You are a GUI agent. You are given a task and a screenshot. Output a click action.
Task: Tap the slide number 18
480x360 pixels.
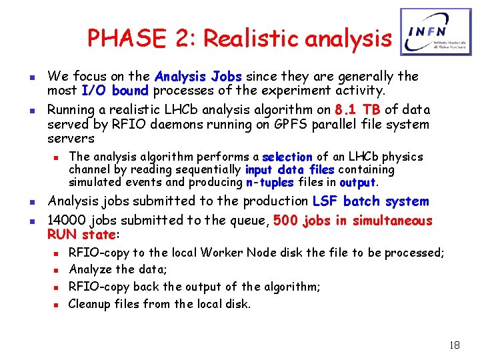(x=455, y=345)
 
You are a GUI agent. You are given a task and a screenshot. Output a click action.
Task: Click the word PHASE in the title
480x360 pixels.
(x=115, y=39)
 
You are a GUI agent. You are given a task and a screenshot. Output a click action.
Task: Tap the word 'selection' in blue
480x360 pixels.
(x=287, y=157)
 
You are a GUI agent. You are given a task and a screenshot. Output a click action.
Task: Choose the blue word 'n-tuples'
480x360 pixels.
(x=270, y=183)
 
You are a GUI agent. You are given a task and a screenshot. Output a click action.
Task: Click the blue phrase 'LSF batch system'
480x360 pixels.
(x=371, y=201)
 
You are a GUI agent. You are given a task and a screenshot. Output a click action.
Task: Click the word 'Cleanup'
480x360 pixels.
(x=91, y=304)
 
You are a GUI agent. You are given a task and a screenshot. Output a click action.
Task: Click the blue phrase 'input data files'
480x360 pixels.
(x=290, y=170)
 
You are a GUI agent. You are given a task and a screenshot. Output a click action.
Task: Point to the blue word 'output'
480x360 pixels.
(x=358, y=183)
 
